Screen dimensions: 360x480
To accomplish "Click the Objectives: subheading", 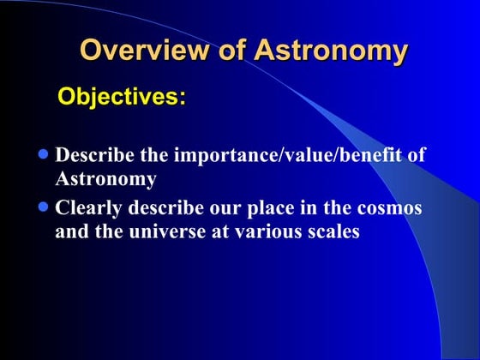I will pos(121,97).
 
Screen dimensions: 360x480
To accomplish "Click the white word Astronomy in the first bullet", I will pos(105,179).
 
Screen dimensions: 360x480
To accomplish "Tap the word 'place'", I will pos(258,208).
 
